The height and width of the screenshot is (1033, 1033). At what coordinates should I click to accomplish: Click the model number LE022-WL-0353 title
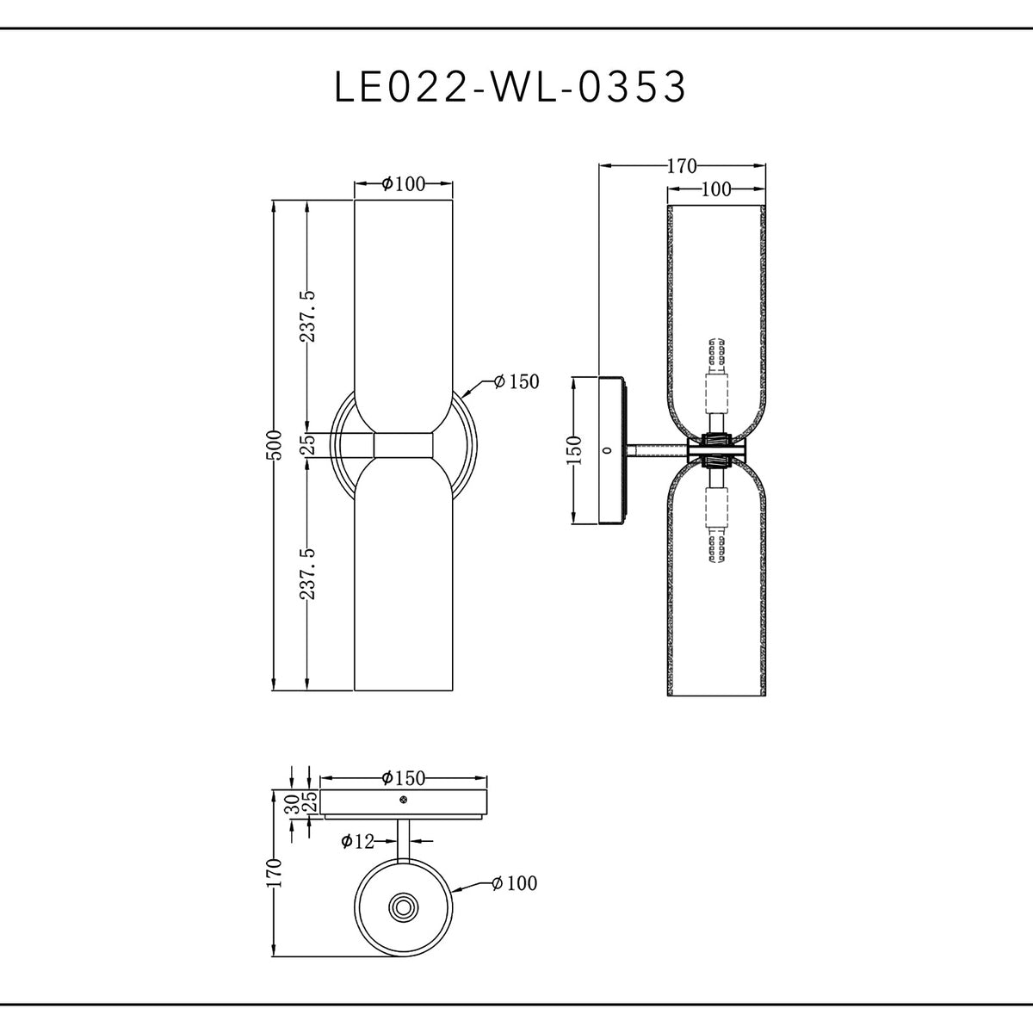510,87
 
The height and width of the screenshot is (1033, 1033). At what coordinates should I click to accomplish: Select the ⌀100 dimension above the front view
404,183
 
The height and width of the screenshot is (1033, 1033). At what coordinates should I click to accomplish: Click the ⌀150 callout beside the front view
516,382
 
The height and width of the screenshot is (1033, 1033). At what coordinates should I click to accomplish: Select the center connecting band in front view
404,445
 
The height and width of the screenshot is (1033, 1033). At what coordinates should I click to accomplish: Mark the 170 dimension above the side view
682,166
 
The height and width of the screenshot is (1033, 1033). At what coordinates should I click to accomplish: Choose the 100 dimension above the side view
715,189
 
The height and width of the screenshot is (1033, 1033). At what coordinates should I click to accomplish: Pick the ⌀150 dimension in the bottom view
403,778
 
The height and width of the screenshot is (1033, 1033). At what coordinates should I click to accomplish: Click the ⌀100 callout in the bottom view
514,883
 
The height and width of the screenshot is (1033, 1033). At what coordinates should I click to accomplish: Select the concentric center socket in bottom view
403,906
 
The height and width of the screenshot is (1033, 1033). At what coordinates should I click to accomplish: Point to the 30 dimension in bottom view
292,803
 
